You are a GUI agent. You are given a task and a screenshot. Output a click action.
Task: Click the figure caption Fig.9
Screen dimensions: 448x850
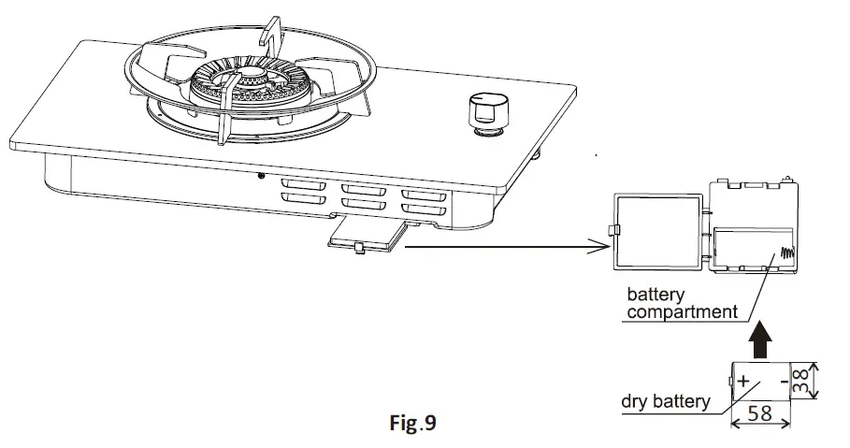click(412, 422)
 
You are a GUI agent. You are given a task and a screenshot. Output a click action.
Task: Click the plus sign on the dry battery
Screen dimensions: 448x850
click(744, 382)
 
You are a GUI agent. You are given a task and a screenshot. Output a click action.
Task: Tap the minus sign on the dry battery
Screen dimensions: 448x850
click(780, 382)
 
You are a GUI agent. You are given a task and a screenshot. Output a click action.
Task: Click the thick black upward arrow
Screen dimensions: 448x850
click(762, 334)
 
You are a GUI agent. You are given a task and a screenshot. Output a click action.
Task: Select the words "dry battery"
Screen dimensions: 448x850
click(664, 404)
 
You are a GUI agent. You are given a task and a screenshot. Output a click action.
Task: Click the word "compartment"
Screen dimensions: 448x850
click(682, 312)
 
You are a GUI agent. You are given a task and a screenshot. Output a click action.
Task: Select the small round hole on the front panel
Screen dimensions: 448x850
click(262, 175)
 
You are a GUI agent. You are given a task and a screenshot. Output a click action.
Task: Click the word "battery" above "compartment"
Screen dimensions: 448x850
click(658, 295)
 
